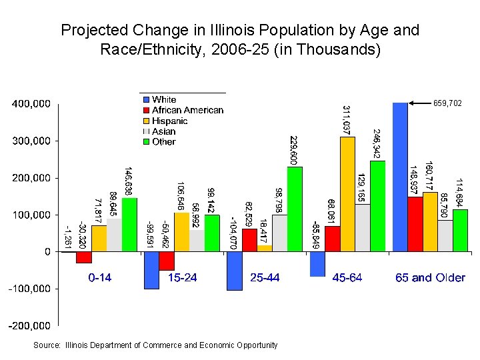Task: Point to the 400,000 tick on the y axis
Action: point(31,104)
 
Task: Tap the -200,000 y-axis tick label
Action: point(28,325)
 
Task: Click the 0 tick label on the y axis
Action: point(47,252)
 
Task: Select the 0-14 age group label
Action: point(100,277)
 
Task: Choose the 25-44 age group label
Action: point(265,277)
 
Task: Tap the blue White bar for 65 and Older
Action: point(400,177)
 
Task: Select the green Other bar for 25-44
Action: point(295,209)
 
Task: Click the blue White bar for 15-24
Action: point(151,270)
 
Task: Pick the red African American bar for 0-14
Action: point(83,257)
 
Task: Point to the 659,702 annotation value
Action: point(447,103)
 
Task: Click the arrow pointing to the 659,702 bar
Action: point(419,103)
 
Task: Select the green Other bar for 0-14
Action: point(129,225)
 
